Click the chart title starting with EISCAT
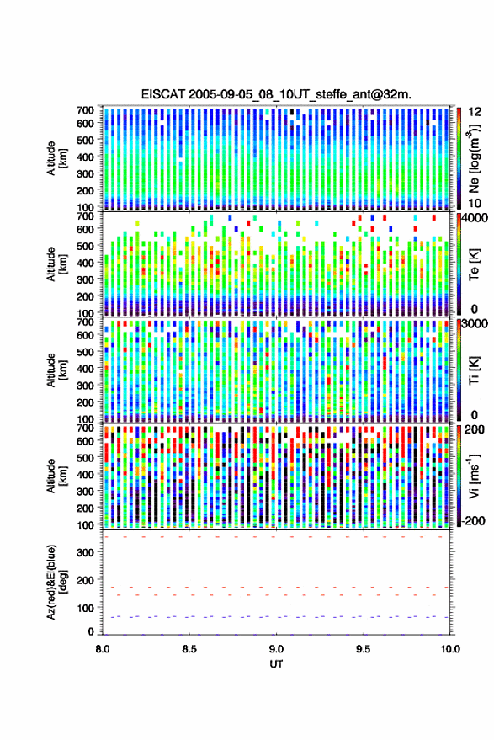276,94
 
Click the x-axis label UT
276,664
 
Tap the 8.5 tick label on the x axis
189,649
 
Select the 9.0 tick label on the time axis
276,649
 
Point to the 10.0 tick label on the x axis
450,649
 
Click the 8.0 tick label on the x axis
103,649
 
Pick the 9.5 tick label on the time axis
363,649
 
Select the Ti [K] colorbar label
474,370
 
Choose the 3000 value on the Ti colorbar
475,324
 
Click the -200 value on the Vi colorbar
472,520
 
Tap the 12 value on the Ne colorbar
475,112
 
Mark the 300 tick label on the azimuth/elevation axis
85,552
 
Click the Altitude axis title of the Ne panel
57,158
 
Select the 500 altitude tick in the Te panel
85,246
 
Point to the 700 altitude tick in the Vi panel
85,428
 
